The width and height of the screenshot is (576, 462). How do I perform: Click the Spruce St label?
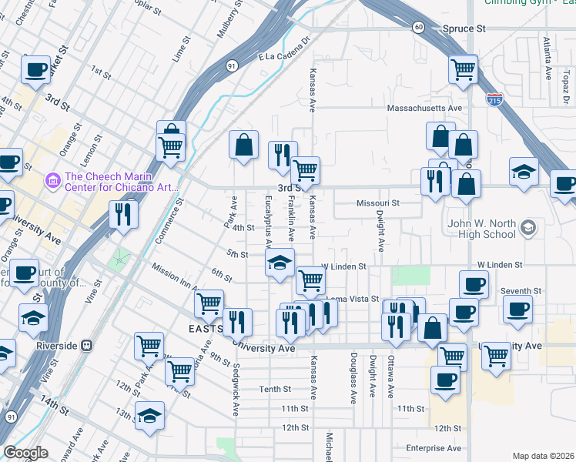pos(464,28)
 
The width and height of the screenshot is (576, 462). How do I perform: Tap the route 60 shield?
pos(417,27)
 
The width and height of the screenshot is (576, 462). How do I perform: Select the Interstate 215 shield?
pos(495,100)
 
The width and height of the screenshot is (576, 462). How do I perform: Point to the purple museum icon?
pos(53,181)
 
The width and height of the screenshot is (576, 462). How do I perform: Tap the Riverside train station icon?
pos(87,345)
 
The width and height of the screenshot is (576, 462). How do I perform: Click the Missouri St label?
pos(378,203)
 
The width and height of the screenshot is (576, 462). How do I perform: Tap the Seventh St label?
pos(516,291)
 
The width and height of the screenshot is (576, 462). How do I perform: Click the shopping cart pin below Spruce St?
pos(464,69)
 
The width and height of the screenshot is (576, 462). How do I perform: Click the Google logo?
pos(25,453)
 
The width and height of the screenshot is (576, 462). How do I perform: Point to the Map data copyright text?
pos(543,456)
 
